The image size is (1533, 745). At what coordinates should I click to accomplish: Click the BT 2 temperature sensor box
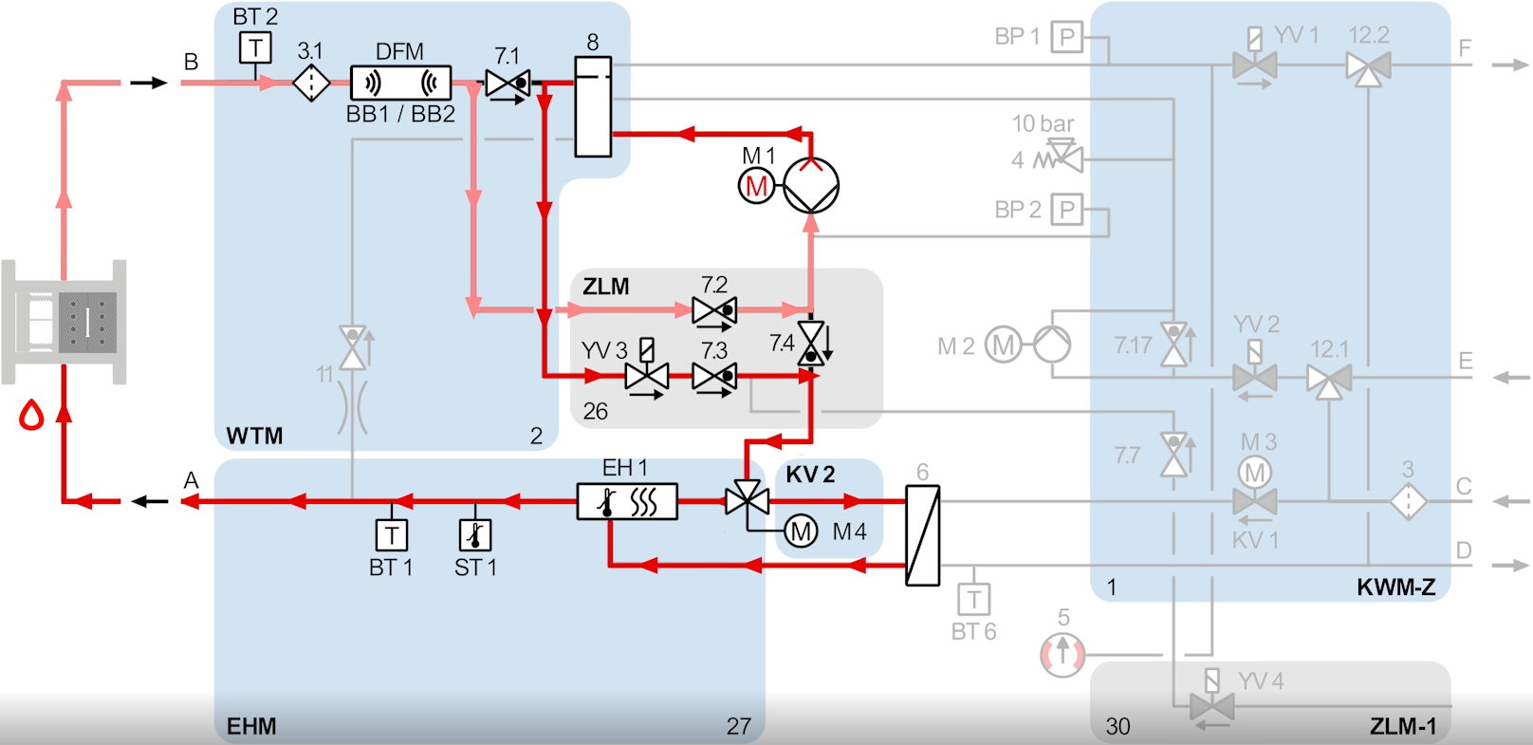point(255,47)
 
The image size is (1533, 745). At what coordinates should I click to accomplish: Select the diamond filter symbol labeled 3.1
point(310,84)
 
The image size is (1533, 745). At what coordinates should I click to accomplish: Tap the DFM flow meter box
point(400,84)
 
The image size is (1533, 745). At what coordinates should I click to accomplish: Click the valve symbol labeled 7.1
point(508,84)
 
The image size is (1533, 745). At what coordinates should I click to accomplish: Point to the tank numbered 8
point(593,106)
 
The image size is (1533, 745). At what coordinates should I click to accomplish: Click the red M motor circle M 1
point(756,186)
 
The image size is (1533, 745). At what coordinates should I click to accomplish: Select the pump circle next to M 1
point(811,185)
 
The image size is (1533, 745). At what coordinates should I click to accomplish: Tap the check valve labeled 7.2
point(714,310)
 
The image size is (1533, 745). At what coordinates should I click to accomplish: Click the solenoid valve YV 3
point(647,376)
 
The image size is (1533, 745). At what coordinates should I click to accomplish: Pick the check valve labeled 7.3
point(714,377)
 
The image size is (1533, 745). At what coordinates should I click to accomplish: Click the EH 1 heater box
point(627,501)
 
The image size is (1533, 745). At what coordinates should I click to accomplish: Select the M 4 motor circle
point(801,531)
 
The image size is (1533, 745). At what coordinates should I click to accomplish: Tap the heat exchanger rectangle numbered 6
point(922,535)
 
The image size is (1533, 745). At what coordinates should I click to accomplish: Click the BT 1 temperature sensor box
point(392,535)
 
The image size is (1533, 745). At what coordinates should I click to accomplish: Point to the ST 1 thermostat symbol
point(475,535)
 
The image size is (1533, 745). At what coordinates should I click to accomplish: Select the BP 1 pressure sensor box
point(1067,37)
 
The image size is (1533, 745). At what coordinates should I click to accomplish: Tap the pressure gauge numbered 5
point(1062,654)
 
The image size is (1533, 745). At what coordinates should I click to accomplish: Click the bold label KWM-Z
point(1395,587)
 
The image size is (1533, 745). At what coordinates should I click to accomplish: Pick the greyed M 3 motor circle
point(1255,472)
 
